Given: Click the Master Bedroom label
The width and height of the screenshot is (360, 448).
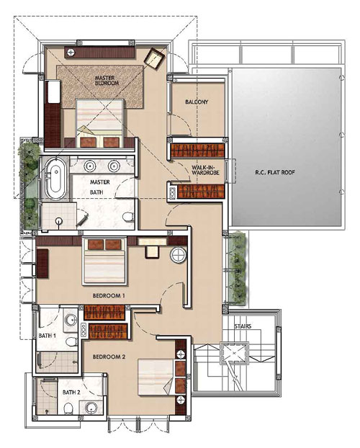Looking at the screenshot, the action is point(107,80).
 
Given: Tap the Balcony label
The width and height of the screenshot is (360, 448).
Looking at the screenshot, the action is point(197,102).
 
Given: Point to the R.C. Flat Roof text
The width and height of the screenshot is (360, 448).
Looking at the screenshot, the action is point(275,173).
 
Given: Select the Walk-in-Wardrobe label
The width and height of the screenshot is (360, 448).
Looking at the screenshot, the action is point(205,170).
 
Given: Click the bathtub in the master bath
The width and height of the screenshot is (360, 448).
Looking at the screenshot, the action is point(56,179).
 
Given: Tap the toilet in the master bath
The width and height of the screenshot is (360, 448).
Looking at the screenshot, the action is point(128,217).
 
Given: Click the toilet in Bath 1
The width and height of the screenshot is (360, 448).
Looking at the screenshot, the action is point(71,341).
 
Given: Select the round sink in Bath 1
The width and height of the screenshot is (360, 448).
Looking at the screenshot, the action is point(71,320).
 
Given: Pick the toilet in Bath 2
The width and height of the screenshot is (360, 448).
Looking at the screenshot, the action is point(68,408).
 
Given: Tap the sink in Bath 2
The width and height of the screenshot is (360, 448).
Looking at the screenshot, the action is point(91,408).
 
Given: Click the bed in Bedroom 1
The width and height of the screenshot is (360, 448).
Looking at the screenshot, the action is point(104,261).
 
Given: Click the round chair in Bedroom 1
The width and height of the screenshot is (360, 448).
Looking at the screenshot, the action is point(179,255).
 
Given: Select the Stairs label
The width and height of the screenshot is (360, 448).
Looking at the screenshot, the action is point(243,326).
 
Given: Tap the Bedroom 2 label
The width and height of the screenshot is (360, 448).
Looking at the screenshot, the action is point(109,357).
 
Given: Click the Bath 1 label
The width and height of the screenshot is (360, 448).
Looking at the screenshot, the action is point(47,336).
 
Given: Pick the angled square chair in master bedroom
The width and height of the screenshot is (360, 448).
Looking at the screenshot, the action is point(156,58).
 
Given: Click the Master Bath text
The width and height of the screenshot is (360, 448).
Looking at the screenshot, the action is point(99,187).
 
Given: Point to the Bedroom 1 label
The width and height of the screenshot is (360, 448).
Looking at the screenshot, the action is point(109,296).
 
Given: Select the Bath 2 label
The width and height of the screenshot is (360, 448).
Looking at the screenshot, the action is point(71,393).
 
